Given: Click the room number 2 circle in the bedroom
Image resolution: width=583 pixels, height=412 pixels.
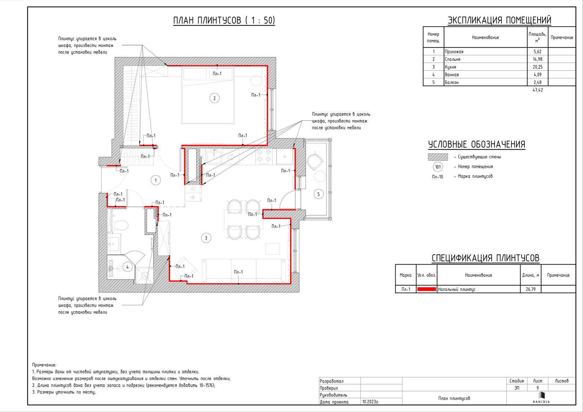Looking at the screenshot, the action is pyautogui.click(x=214, y=98).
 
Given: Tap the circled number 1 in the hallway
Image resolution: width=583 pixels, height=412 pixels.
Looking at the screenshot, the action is pyautogui.click(x=155, y=180).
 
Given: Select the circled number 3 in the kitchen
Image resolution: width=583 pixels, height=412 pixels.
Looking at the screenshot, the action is pyautogui.click(x=206, y=238).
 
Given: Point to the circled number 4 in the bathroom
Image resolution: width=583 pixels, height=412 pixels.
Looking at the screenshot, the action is pyautogui.click(x=128, y=267).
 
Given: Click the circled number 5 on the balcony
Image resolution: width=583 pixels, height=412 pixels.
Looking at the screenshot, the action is pyautogui.click(x=319, y=194).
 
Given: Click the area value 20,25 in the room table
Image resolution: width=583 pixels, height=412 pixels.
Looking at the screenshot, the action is pyautogui.click(x=538, y=67).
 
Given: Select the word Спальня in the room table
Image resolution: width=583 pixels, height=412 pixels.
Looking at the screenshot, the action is pyautogui.click(x=453, y=59).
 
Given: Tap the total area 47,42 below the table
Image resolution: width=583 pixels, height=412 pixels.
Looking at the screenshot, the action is pyautogui.click(x=538, y=90).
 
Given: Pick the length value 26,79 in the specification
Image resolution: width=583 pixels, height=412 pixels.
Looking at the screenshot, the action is pyautogui.click(x=530, y=289).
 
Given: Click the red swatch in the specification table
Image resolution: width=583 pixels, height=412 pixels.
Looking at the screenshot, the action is pyautogui.click(x=426, y=289).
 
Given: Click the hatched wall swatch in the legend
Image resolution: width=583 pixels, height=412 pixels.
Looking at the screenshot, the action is pyautogui.click(x=438, y=157).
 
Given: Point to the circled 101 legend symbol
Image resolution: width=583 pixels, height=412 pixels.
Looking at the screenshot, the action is pyautogui.click(x=438, y=167).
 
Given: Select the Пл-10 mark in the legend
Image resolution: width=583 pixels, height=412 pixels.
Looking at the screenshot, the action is pyautogui.click(x=438, y=177).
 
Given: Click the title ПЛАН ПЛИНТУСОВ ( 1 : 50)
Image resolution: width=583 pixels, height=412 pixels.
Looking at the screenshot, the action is pyautogui.click(x=224, y=20).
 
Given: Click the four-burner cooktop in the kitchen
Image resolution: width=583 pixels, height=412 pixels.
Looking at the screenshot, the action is pyautogui.click(x=264, y=157).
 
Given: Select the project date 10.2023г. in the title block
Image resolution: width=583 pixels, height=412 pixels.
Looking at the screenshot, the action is pyautogui.click(x=371, y=402).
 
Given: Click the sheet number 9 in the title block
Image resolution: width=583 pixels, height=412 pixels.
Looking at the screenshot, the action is pyautogui.click(x=538, y=388).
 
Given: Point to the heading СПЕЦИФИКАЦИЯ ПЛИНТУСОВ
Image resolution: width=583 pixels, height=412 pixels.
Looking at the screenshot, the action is pyautogui.click(x=485, y=258).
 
